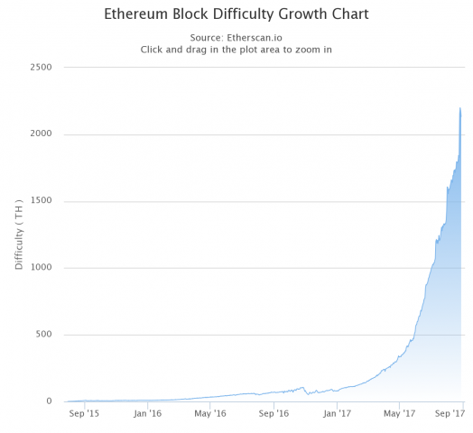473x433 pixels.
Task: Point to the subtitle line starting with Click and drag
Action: point(236,50)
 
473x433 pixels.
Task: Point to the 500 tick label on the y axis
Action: point(42,335)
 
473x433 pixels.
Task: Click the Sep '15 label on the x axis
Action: point(84,415)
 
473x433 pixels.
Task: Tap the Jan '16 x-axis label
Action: point(147,415)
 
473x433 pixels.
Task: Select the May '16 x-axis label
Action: point(210,415)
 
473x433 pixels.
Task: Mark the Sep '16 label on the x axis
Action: point(274,415)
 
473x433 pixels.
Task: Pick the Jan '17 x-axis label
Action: point(337,415)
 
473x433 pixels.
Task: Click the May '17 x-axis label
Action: point(400,415)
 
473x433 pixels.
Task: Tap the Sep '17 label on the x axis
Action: point(449,415)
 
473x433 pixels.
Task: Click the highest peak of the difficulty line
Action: point(460,108)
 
